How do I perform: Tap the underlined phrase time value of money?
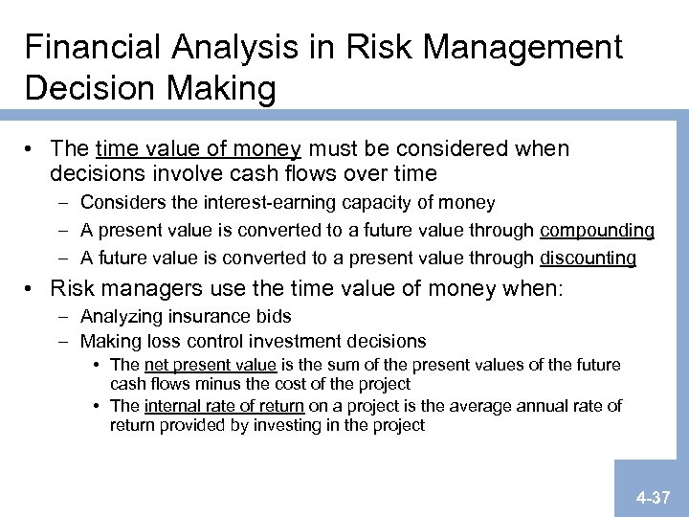[x=199, y=149]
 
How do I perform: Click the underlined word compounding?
[x=597, y=231]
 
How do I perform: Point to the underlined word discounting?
[x=588, y=258]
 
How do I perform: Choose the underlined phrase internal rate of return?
[x=224, y=406]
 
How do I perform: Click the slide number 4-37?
[x=652, y=498]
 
